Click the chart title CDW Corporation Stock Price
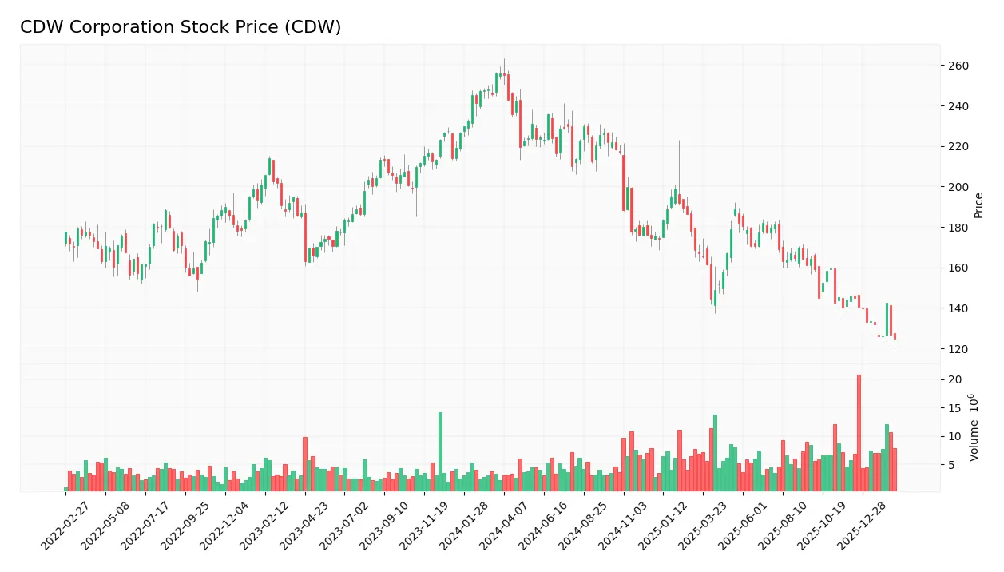tap(181, 27)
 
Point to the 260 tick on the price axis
tap(958, 66)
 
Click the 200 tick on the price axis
tap(958, 187)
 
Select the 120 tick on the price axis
tap(958, 349)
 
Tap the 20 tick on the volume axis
tap(955, 379)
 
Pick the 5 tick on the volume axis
tap(952, 465)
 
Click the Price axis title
tap(978, 205)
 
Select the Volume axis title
tap(975, 427)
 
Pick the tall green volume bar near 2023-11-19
tap(440, 451)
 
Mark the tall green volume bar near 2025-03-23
tap(715, 452)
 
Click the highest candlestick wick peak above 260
tap(504, 60)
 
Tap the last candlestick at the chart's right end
tap(895, 336)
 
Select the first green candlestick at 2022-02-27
tap(65, 237)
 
